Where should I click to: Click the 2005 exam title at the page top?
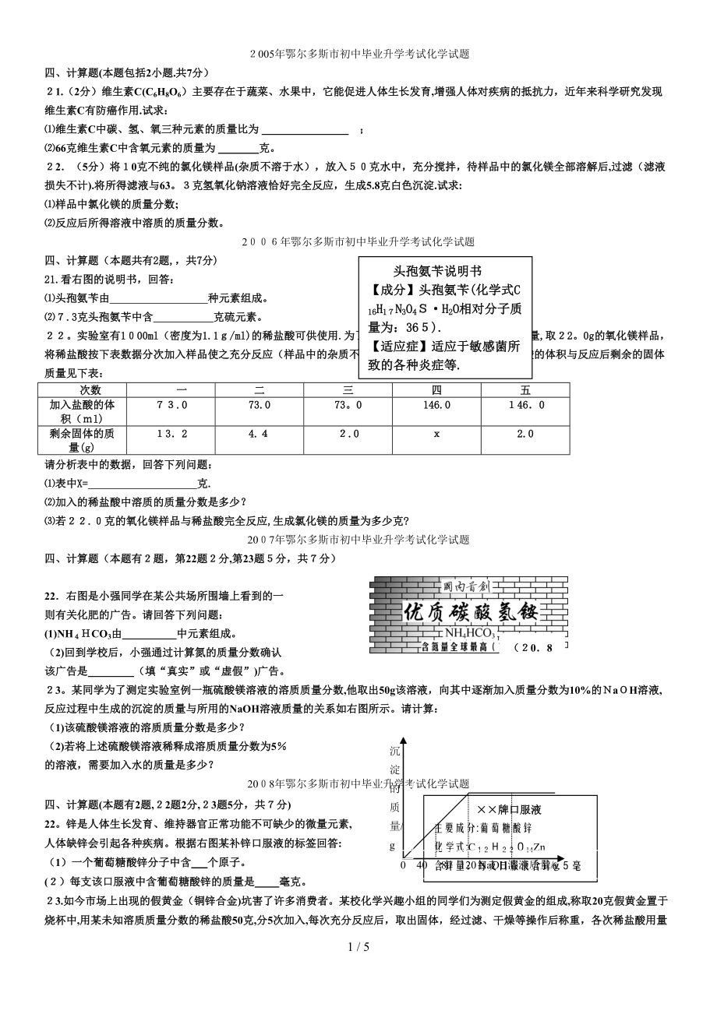[359, 55]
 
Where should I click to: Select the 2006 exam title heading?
[359, 242]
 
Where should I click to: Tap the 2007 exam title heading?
[358, 539]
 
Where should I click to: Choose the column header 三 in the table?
[348, 390]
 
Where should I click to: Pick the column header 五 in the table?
[525, 390]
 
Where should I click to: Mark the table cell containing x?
[436, 434]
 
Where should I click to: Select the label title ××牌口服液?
[510, 809]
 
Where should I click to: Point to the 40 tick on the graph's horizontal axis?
[422, 865]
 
